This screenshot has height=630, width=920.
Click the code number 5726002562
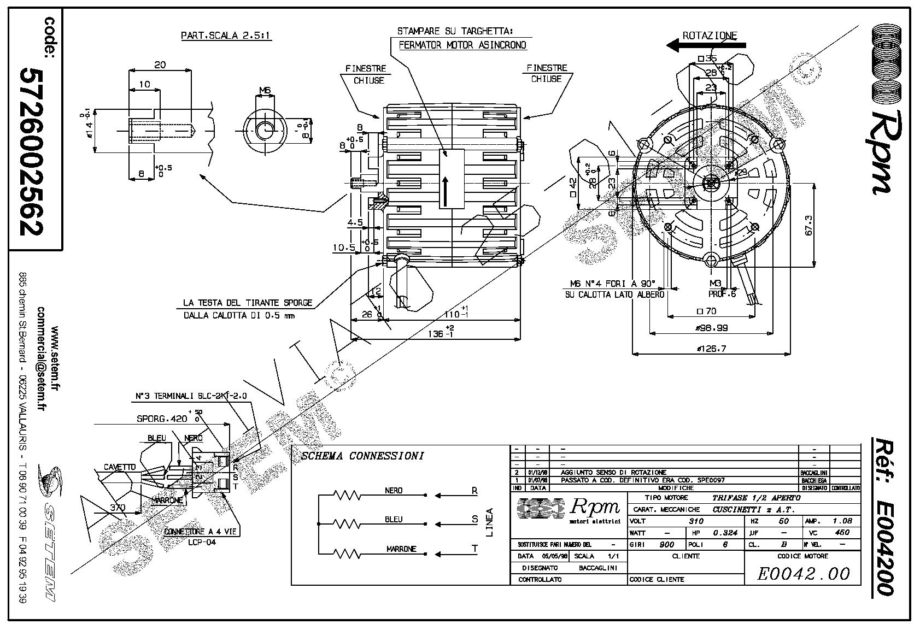[32, 151]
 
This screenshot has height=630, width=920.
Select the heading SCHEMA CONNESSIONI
[362, 456]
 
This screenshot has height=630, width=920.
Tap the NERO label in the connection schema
[394, 491]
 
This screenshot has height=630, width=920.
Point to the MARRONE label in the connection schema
[401, 549]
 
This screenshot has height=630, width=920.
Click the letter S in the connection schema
[474, 520]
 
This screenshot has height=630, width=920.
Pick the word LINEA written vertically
[489, 522]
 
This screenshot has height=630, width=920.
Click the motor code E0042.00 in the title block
[804, 574]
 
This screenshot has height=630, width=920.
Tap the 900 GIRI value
[666, 545]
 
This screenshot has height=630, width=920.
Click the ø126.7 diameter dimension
[711, 349]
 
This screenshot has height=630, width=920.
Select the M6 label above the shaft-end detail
[265, 91]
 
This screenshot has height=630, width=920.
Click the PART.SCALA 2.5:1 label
[226, 36]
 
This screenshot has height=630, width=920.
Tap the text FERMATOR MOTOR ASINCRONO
[462, 45]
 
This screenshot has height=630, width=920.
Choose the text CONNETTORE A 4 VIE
[202, 531]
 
